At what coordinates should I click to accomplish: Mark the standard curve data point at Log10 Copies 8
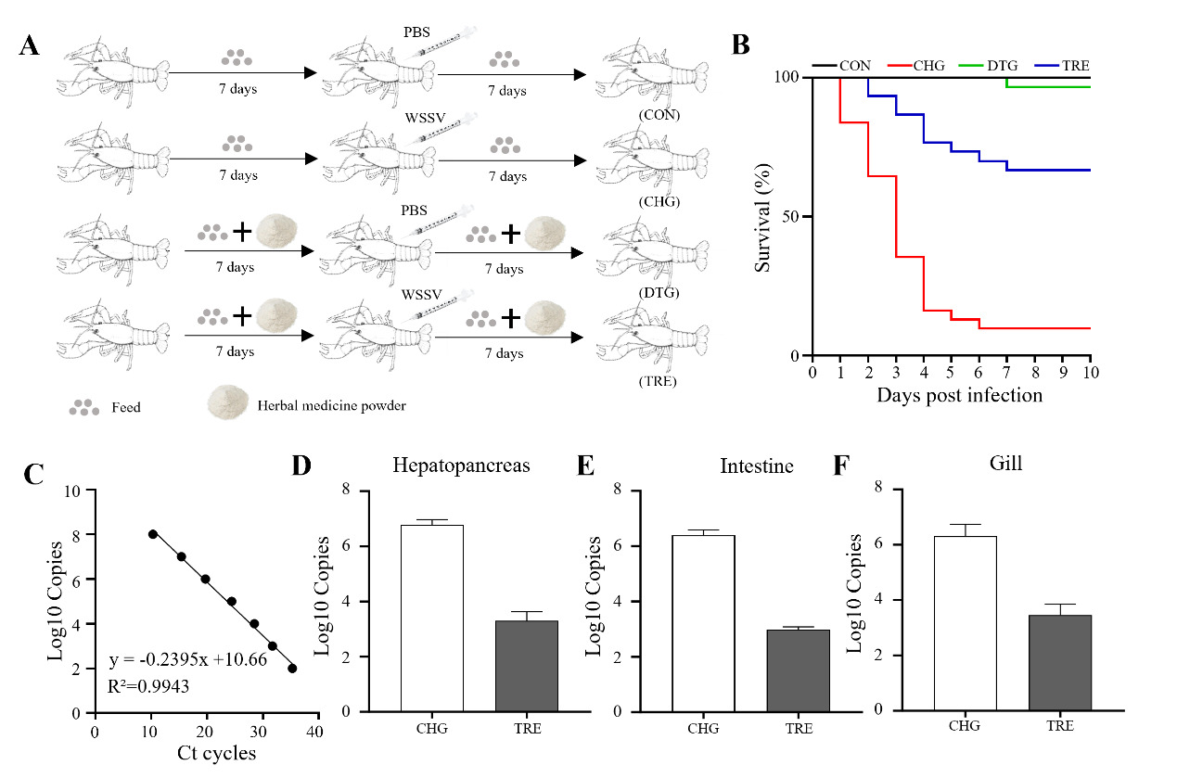point(153,534)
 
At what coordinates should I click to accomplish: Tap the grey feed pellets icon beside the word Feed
point(83,406)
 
